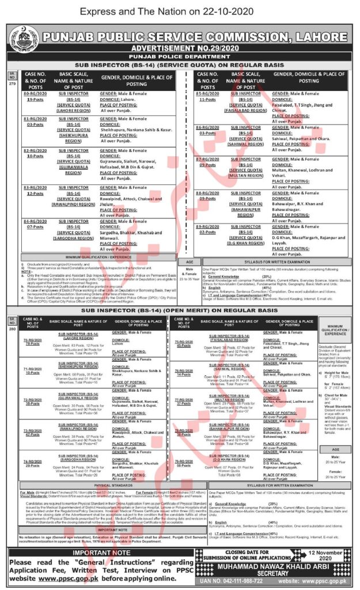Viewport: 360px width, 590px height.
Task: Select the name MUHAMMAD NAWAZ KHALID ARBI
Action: pos(275,568)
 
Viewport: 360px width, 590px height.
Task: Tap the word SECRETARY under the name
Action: pos(275,574)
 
